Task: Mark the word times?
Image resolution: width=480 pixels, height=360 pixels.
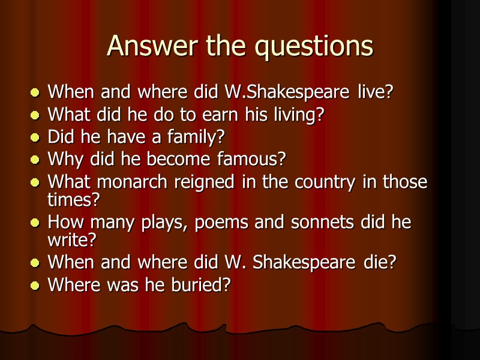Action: coord(74,199)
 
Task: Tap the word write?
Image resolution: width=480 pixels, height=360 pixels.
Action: coord(72,240)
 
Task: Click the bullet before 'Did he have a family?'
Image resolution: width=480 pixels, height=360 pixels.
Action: coord(36,138)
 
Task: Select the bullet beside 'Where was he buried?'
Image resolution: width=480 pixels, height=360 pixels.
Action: coord(36,286)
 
